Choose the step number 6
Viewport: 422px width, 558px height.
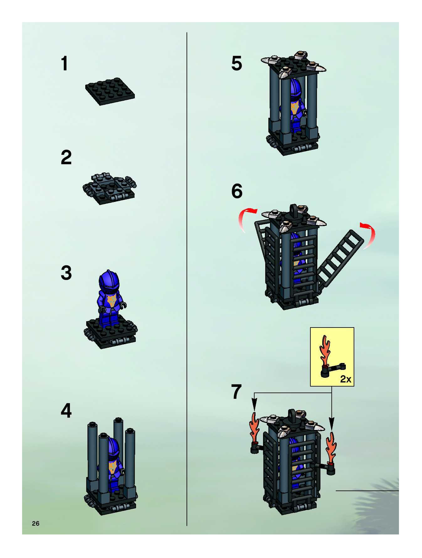coord(237,191)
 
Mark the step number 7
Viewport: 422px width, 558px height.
coord(237,392)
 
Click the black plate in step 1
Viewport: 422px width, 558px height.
coord(110,91)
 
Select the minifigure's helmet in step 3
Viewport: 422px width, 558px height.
coord(109,282)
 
